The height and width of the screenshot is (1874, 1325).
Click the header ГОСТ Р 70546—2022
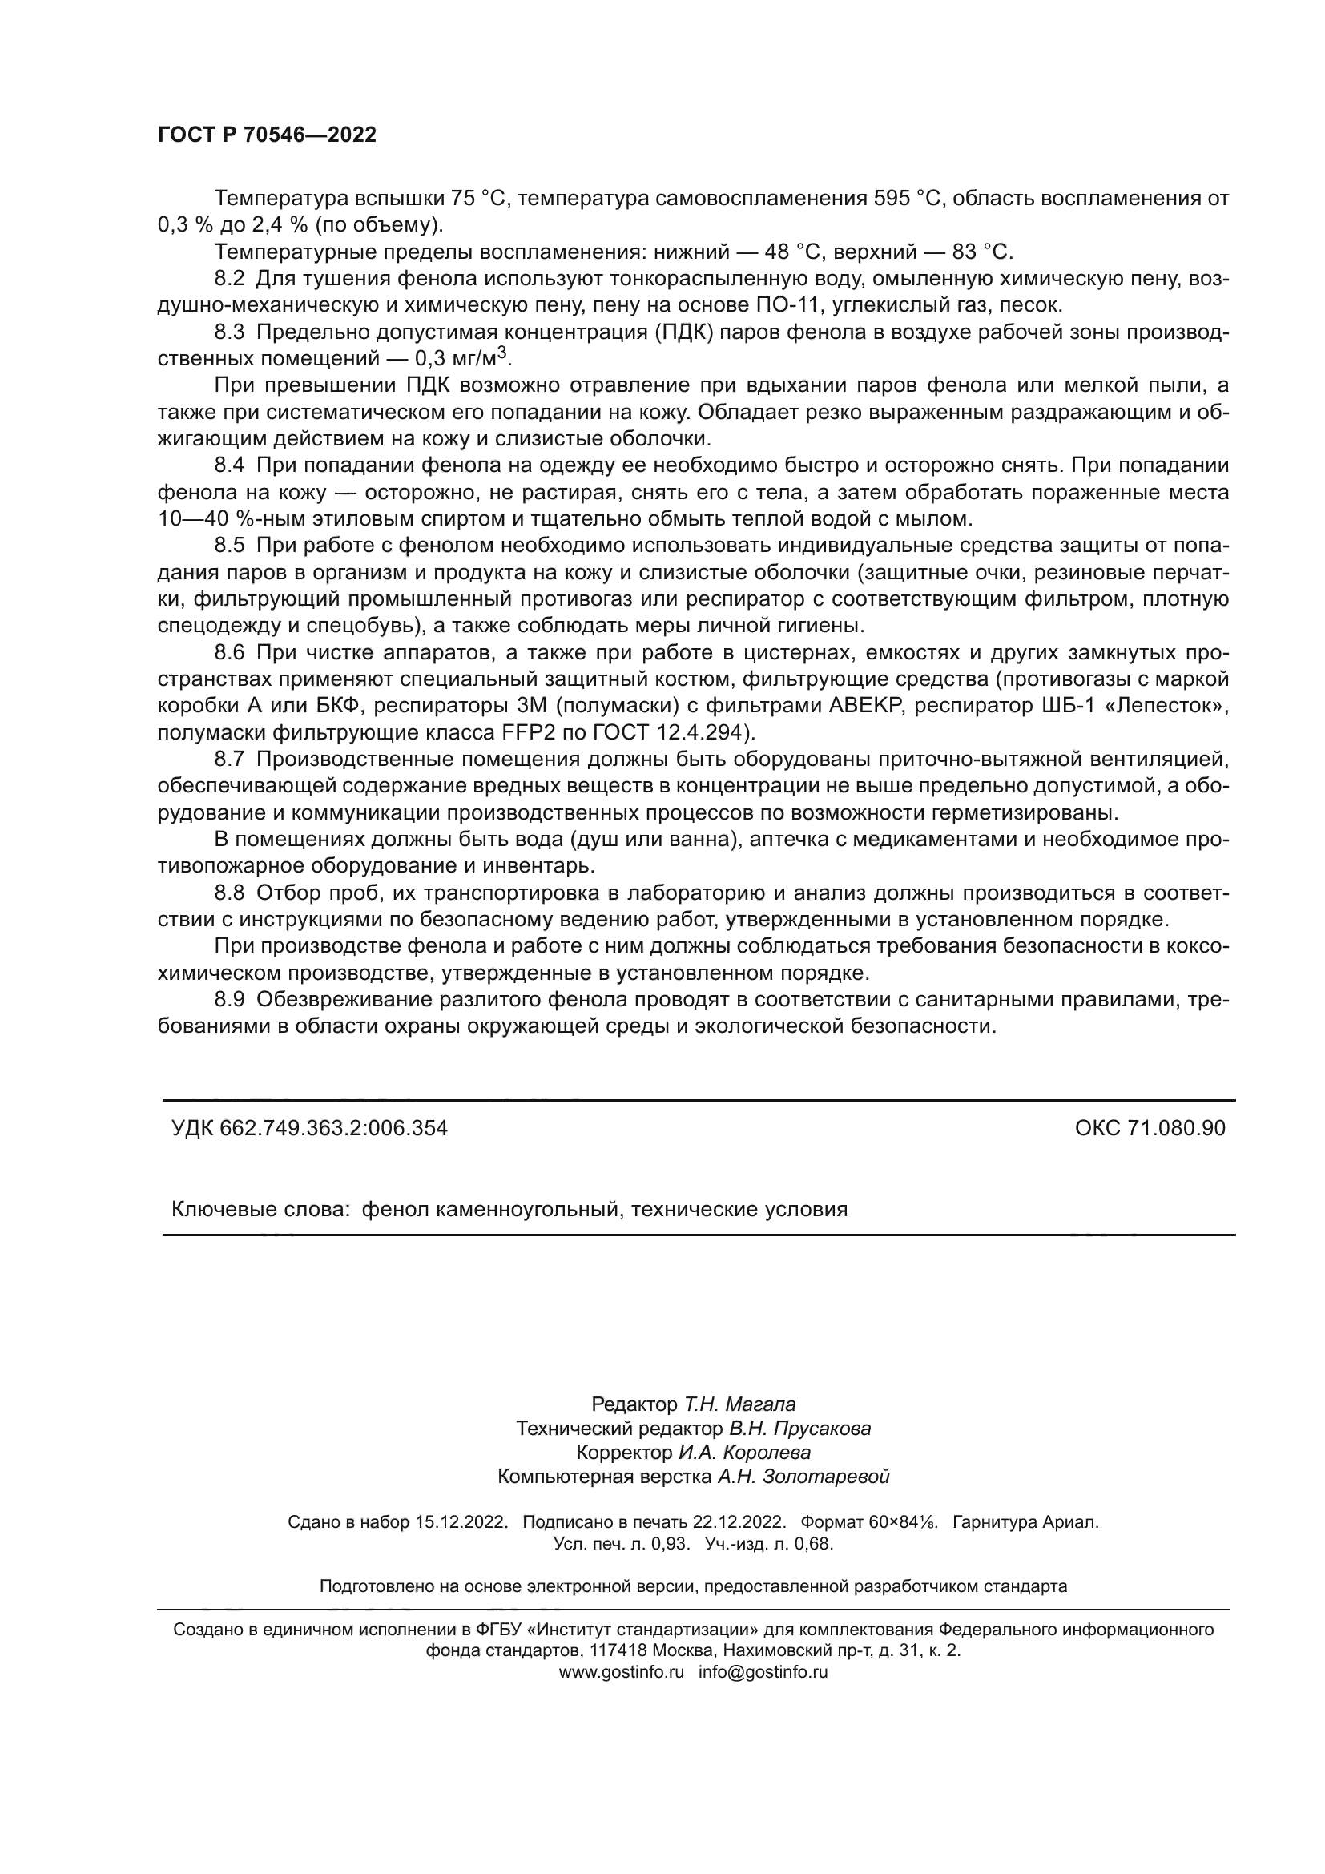pyautogui.click(x=267, y=135)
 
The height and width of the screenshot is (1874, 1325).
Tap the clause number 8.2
pyautogui.click(x=229, y=278)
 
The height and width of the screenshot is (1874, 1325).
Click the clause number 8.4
pyautogui.click(x=229, y=465)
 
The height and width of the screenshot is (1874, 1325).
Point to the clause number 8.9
pyautogui.click(x=229, y=999)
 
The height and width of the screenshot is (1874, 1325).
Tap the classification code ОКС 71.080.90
pyautogui.click(x=1150, y=1128)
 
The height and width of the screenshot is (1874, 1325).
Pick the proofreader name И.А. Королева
pyautogui.click(x=744, y=1452)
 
